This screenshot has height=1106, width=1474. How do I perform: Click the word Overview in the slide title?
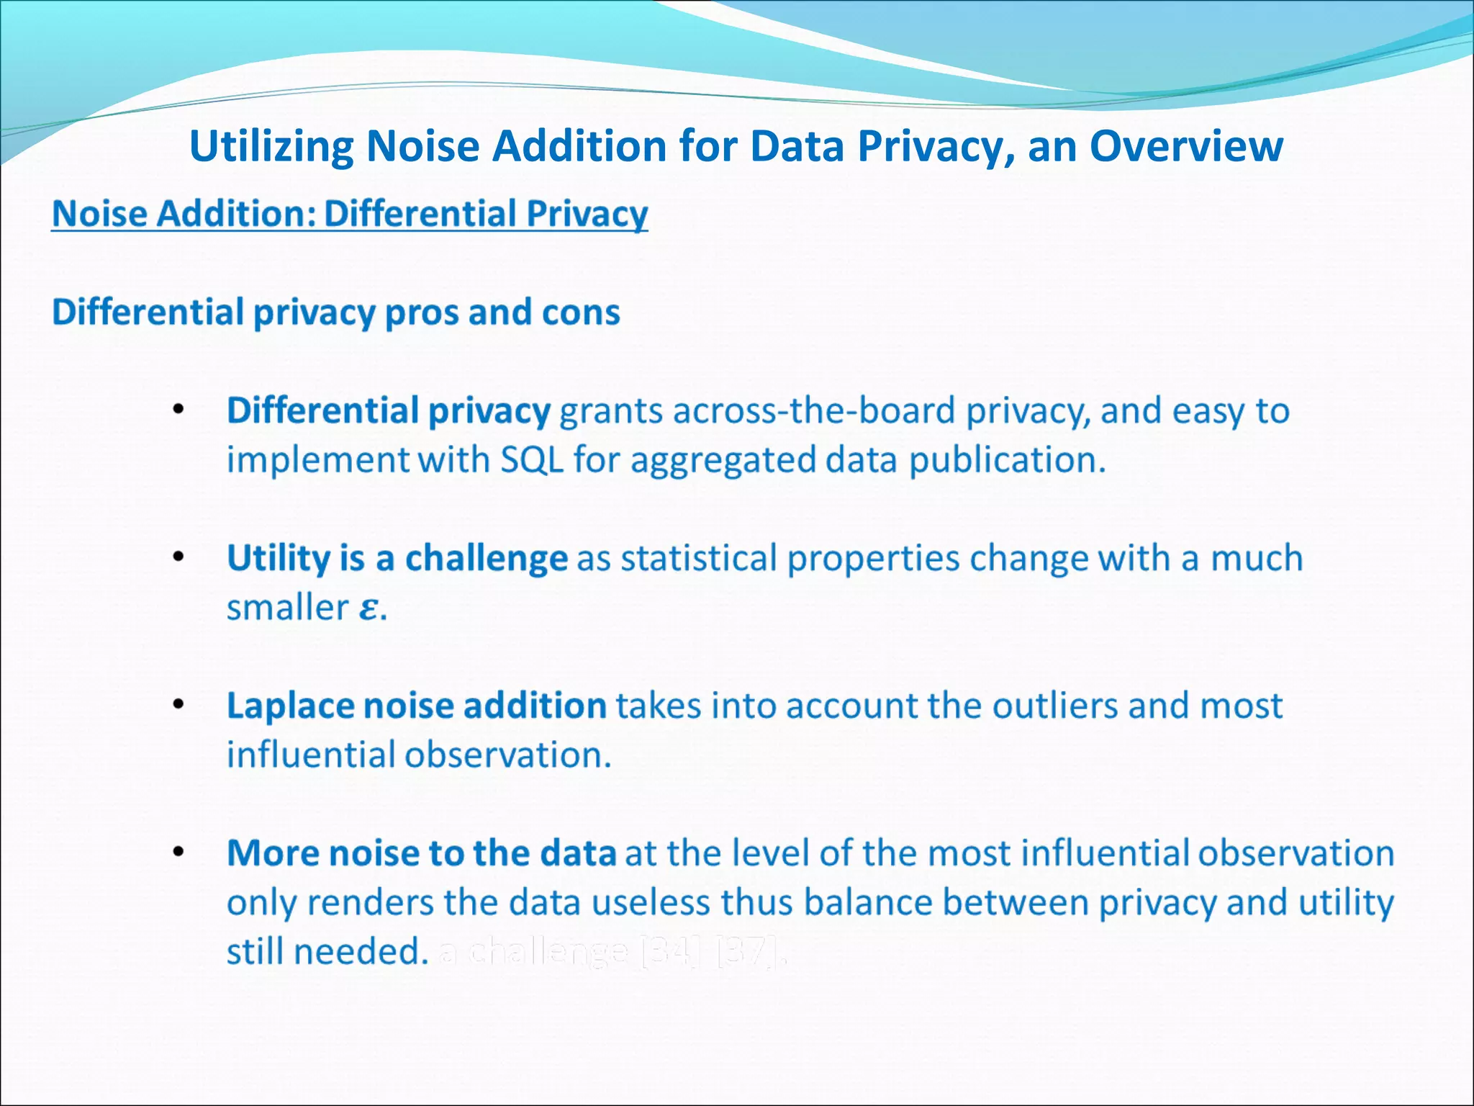coord(1185,146)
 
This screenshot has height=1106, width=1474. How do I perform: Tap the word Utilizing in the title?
coord(271,148)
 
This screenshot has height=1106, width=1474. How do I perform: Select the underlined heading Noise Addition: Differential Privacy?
coord(350,214)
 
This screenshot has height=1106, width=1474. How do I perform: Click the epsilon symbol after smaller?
coord(368,608)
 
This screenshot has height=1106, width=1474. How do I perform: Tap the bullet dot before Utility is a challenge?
coord(178,557)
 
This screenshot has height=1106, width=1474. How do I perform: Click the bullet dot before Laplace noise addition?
coord(178,704)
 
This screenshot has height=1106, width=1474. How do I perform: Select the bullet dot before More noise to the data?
coord(178,853)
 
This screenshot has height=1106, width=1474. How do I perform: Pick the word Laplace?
coord(290,706)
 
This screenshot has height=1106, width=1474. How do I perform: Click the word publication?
coord(1006,460)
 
